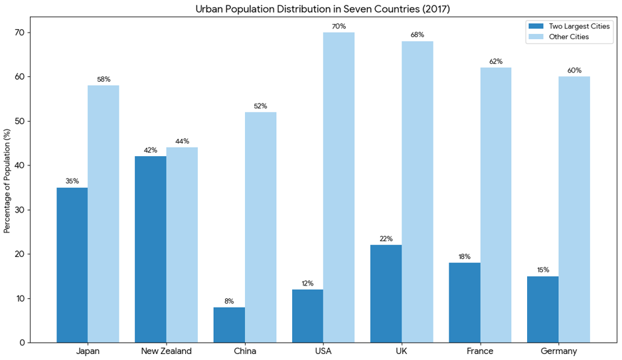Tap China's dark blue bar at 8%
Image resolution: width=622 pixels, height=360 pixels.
coord(229,325)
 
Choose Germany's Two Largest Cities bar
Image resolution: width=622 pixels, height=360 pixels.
coord(542,309)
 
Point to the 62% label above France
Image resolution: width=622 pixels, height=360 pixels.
coord(496,61)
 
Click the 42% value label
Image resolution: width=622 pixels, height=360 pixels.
coord(150,150)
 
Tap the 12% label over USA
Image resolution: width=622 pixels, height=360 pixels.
coord(307,283)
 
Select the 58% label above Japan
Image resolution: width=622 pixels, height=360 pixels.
coord(104,79)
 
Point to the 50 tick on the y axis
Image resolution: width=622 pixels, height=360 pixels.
coord(21,122)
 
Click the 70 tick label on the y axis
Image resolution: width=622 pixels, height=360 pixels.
coord(21,33)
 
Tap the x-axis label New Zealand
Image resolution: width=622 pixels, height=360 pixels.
coord(166,351)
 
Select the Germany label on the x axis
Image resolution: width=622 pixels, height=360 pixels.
coord(558,351)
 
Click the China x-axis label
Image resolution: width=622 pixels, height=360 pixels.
coord(244,351)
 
